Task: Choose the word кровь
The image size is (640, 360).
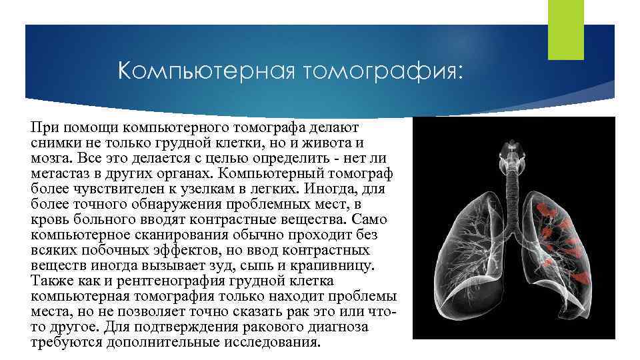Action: point(47,220)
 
